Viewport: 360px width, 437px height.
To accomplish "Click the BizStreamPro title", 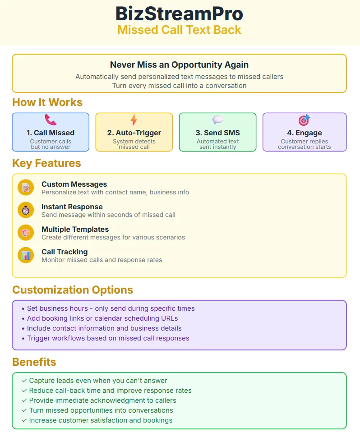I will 180,14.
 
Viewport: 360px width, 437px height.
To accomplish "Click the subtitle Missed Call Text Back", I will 180,30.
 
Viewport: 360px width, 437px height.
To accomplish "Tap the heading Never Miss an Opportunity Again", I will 180,65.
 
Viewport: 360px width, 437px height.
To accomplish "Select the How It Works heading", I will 47,102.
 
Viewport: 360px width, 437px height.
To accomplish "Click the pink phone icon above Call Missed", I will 51,120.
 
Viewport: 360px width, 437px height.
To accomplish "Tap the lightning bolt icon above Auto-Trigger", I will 134,120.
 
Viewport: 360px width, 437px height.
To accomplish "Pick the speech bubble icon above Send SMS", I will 217,120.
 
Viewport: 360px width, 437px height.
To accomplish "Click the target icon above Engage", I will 304,120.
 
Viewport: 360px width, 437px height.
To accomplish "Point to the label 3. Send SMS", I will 217,133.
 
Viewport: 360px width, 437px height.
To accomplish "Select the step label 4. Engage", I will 304,133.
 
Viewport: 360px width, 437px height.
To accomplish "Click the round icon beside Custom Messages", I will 26,188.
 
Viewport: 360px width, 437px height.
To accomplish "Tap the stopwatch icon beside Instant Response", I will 26,210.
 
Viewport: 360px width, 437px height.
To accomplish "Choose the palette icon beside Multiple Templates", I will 26,233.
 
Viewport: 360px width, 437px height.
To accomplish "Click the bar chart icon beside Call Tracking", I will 26,255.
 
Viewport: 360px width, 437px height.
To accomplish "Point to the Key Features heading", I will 46,163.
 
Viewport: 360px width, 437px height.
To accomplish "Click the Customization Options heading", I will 73,290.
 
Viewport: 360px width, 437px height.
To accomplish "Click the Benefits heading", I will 34,362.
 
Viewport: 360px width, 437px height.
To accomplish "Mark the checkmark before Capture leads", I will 24,381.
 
